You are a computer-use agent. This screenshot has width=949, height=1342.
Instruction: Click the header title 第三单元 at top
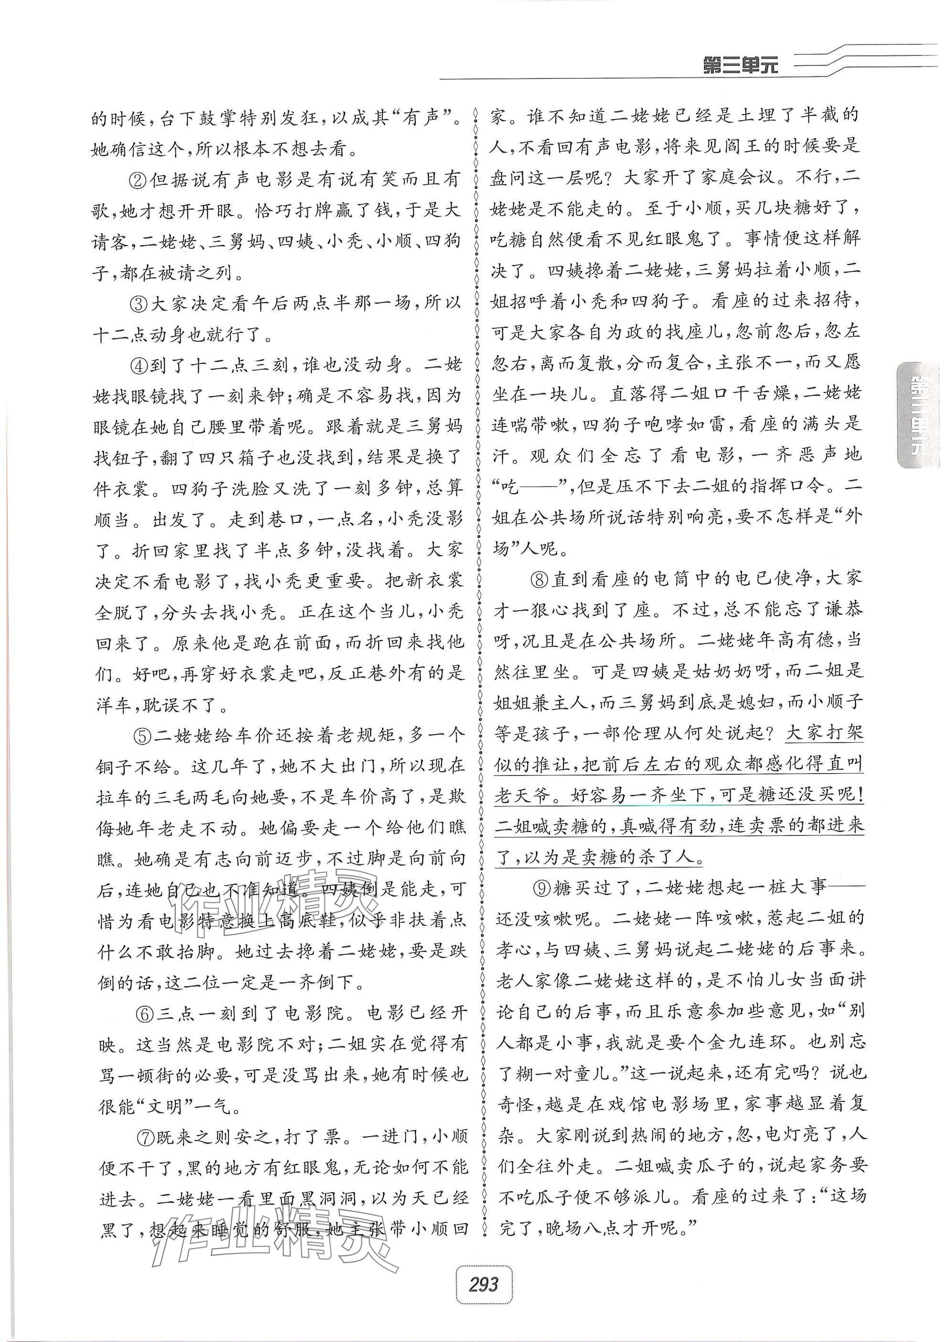[x=740, y=65]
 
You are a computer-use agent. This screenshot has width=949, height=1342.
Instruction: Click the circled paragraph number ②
[x=139, y=179]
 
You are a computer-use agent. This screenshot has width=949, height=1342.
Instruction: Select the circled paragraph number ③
[x=139, y=303]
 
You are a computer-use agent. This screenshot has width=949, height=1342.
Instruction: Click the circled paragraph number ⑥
[x=144, y=1013]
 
